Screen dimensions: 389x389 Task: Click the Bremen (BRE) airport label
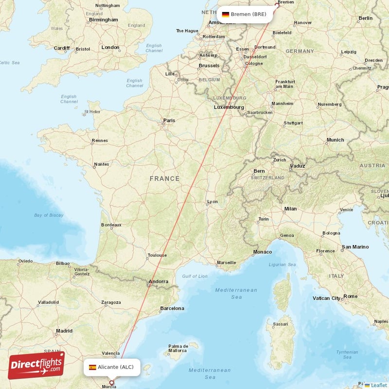tap(248, 14)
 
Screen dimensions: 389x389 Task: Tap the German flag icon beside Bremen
tap(226, 15)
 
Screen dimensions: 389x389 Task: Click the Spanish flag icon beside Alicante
tap(92, 367)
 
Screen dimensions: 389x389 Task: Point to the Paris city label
tap(169, 120)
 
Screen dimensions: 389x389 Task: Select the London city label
tap(110, 47)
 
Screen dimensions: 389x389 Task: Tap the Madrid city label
tap(64, 331)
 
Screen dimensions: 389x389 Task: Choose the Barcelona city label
tap(172, 308)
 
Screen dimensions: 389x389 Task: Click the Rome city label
tap(350, 296)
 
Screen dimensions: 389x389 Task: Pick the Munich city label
tap(335, 140)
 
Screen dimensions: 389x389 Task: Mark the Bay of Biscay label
tap(49, 215)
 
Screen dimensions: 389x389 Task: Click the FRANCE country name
tap(164, 179)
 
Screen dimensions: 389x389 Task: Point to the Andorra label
tap(158, 282)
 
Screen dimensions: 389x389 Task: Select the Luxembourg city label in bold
tap(229, 107)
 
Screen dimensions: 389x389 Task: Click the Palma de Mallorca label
tap(177, 348)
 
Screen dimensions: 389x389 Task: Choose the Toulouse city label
tap(157, 255)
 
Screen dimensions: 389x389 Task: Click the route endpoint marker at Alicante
tap(112, 383)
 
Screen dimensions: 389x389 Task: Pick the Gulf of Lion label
tap(195, 276)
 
